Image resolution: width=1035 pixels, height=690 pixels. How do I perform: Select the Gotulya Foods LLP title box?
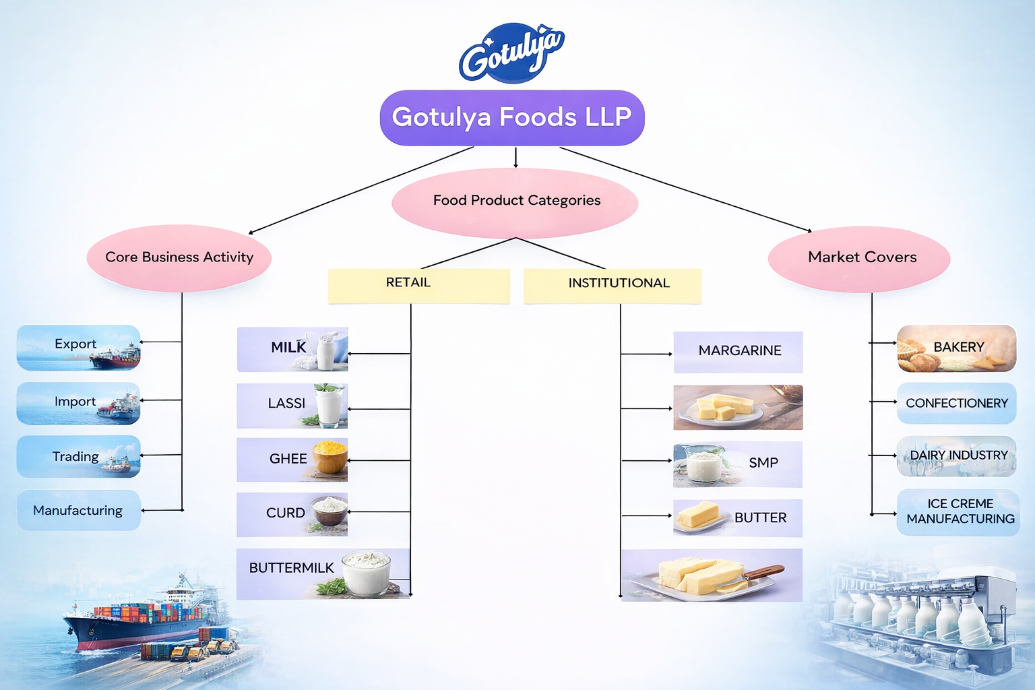pyautogui.click(x=512, y=117)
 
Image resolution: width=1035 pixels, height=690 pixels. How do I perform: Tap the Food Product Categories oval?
pyautogui.click(x=515, y=201)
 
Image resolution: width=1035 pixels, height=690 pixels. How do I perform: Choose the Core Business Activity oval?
pyautogui.click(x=179, y=257)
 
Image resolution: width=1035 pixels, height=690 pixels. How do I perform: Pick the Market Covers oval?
pyautogui.click(x=861, y=257)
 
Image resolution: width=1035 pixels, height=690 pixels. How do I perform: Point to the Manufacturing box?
pyautogui.click(x=78, y=511)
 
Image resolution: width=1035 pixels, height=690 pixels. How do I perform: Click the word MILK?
pyautogui.click(x=288, y=348)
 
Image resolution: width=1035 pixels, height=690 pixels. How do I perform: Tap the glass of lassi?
pyautogui.click(x=330, y=406)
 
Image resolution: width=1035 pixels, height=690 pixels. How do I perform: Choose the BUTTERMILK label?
pyautogui.click(x=291, y=568)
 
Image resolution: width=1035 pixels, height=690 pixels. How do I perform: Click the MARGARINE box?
pyautogui.click(x=739, y=351)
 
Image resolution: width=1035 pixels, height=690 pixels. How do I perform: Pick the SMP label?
pyautogui.click(x=763, y=463)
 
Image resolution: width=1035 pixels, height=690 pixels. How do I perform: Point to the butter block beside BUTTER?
pyautogui.click(x=698, y=515)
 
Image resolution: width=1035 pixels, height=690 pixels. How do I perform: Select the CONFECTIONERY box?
pyautogui.click(x=956, y=403)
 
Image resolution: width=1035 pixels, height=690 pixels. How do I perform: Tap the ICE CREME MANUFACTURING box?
pyautogui.click(x=960, y=512)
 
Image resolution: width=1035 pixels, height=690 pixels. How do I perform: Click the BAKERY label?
pyautogui.click(x=958, y=347)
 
